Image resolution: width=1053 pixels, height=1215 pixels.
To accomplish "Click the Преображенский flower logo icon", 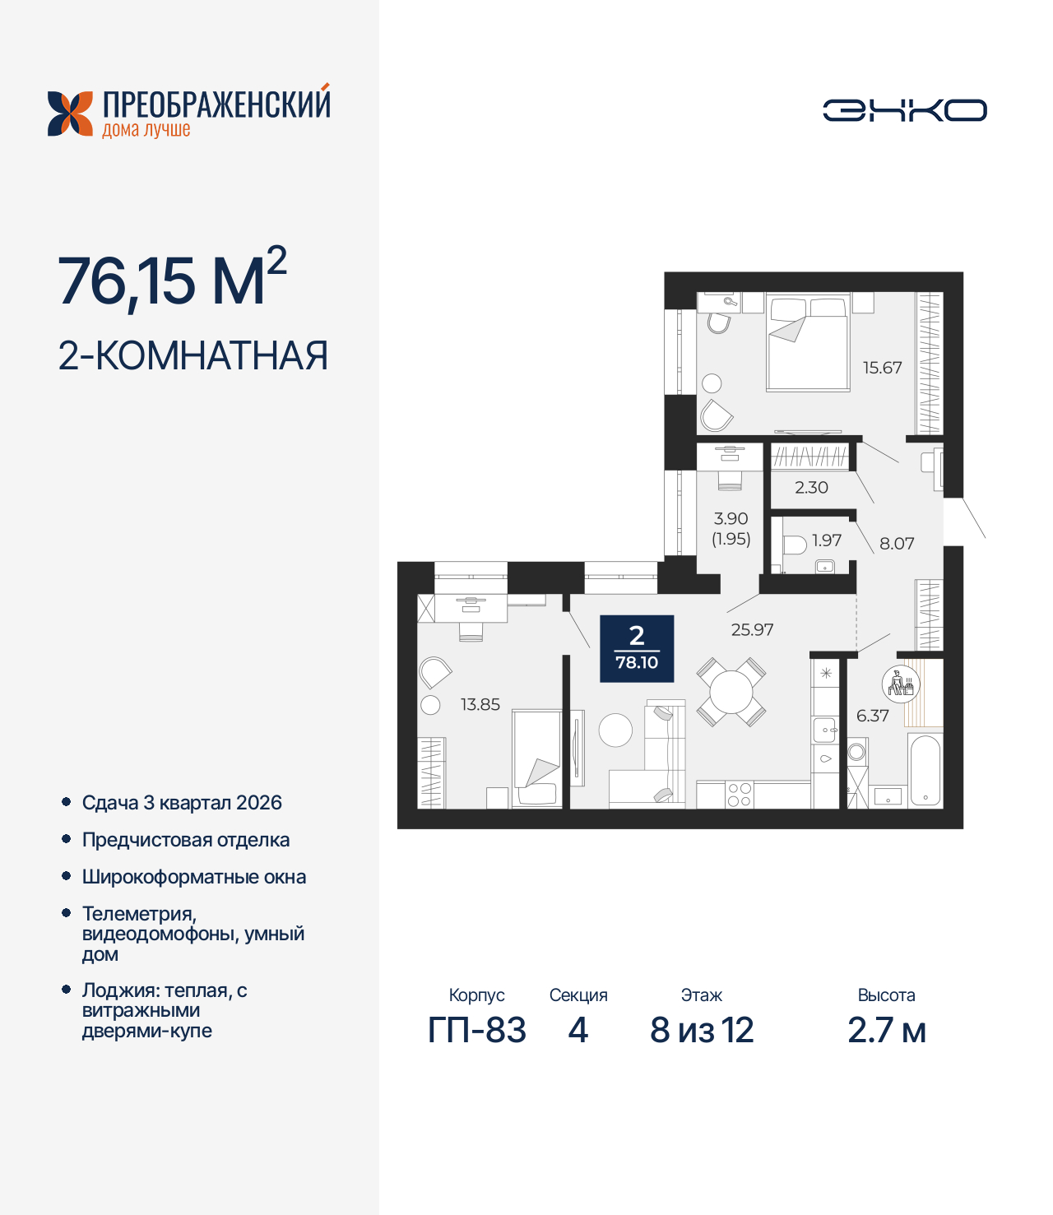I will point(70,114).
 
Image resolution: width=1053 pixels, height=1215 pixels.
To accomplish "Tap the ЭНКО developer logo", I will point(904,110).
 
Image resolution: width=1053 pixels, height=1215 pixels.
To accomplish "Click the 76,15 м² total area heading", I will point(172,281).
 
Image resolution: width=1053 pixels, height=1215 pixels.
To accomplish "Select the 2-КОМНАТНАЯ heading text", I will point(193,355).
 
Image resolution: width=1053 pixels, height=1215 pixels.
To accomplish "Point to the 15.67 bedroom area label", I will point(882,368).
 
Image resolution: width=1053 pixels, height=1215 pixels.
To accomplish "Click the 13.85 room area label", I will point(480,704).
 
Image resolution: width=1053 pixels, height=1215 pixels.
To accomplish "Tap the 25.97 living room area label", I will point(752,629).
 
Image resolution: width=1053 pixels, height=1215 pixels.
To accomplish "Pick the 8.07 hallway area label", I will point(897,543).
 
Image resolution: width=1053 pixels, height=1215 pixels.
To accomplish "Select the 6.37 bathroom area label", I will point(872,716).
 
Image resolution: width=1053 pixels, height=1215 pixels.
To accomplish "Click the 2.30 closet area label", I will point(811,487).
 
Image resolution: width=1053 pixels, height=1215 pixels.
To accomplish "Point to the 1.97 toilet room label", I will point(826,540).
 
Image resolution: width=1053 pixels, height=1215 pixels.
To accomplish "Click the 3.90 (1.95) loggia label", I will point(731,528).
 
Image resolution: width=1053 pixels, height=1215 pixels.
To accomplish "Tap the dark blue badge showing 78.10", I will point(637,648).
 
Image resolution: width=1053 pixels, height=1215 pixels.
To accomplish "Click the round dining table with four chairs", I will point(731,691).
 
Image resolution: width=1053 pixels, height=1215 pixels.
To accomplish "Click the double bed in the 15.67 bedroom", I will point(807,345).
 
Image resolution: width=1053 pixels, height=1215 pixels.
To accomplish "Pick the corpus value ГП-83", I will point(476,1030).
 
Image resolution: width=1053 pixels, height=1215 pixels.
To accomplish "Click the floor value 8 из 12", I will point(702,1030).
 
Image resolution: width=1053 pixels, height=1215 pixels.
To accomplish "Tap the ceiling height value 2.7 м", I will point(886,1030).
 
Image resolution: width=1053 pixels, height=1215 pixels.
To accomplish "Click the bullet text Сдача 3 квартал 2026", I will point(182,803).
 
